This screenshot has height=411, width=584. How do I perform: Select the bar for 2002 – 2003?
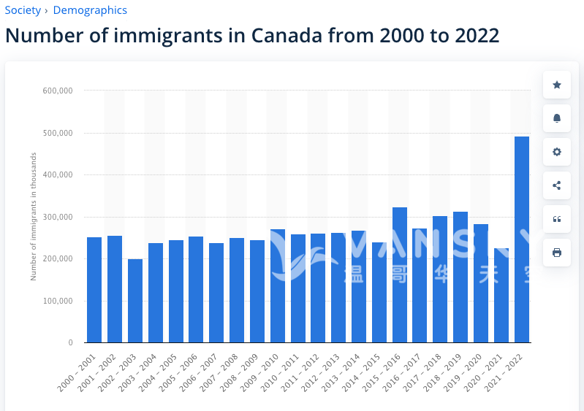point(135,301)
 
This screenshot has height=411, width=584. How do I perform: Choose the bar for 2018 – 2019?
point(460,277)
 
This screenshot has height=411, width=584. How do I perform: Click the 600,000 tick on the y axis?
point(58,91)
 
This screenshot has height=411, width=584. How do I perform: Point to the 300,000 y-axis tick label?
point(58,217)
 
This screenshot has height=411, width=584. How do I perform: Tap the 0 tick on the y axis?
point(70,342)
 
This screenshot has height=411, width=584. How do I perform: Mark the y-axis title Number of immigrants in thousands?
point(34,217)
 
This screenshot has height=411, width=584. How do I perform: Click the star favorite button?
point(557,85)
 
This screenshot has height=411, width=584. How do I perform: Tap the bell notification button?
point(557,118)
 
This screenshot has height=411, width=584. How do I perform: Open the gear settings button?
point(557,152)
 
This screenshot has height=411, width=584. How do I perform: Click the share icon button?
point(557,185)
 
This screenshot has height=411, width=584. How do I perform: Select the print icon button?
point(557,253)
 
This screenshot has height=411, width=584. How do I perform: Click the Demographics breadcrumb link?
point(90,10)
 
